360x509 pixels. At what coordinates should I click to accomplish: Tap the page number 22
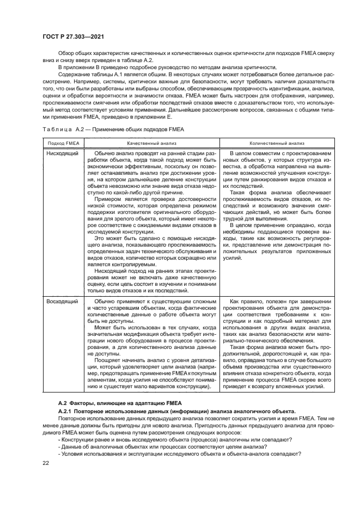46,463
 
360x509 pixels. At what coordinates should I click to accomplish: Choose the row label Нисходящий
62,154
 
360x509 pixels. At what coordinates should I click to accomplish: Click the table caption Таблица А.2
60,128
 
